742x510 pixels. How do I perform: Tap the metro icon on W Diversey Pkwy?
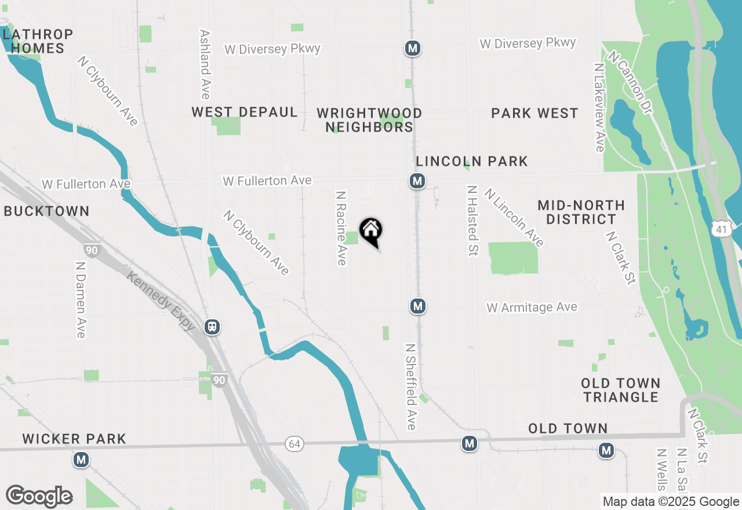point(413,48)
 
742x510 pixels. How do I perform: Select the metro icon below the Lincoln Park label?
point(417,181)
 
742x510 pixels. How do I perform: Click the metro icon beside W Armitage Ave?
point(417,305)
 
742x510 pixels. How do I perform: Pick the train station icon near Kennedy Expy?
point(213,327)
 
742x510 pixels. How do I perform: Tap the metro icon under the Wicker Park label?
point(81,460)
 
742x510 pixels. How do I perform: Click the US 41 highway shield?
point(721,230)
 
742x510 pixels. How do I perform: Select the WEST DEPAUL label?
point(245,112)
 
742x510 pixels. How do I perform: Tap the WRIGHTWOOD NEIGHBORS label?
point(369,120)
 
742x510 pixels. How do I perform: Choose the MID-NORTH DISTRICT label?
point(581,212)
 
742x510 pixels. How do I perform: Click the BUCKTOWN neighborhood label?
point(46,212)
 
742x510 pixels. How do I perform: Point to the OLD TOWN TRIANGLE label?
point(621,390)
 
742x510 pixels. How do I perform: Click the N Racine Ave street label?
point(341,228)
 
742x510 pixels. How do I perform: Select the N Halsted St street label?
point(472,221)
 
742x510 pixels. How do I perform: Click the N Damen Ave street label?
point(81,299)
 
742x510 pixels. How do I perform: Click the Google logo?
point(39,496)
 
